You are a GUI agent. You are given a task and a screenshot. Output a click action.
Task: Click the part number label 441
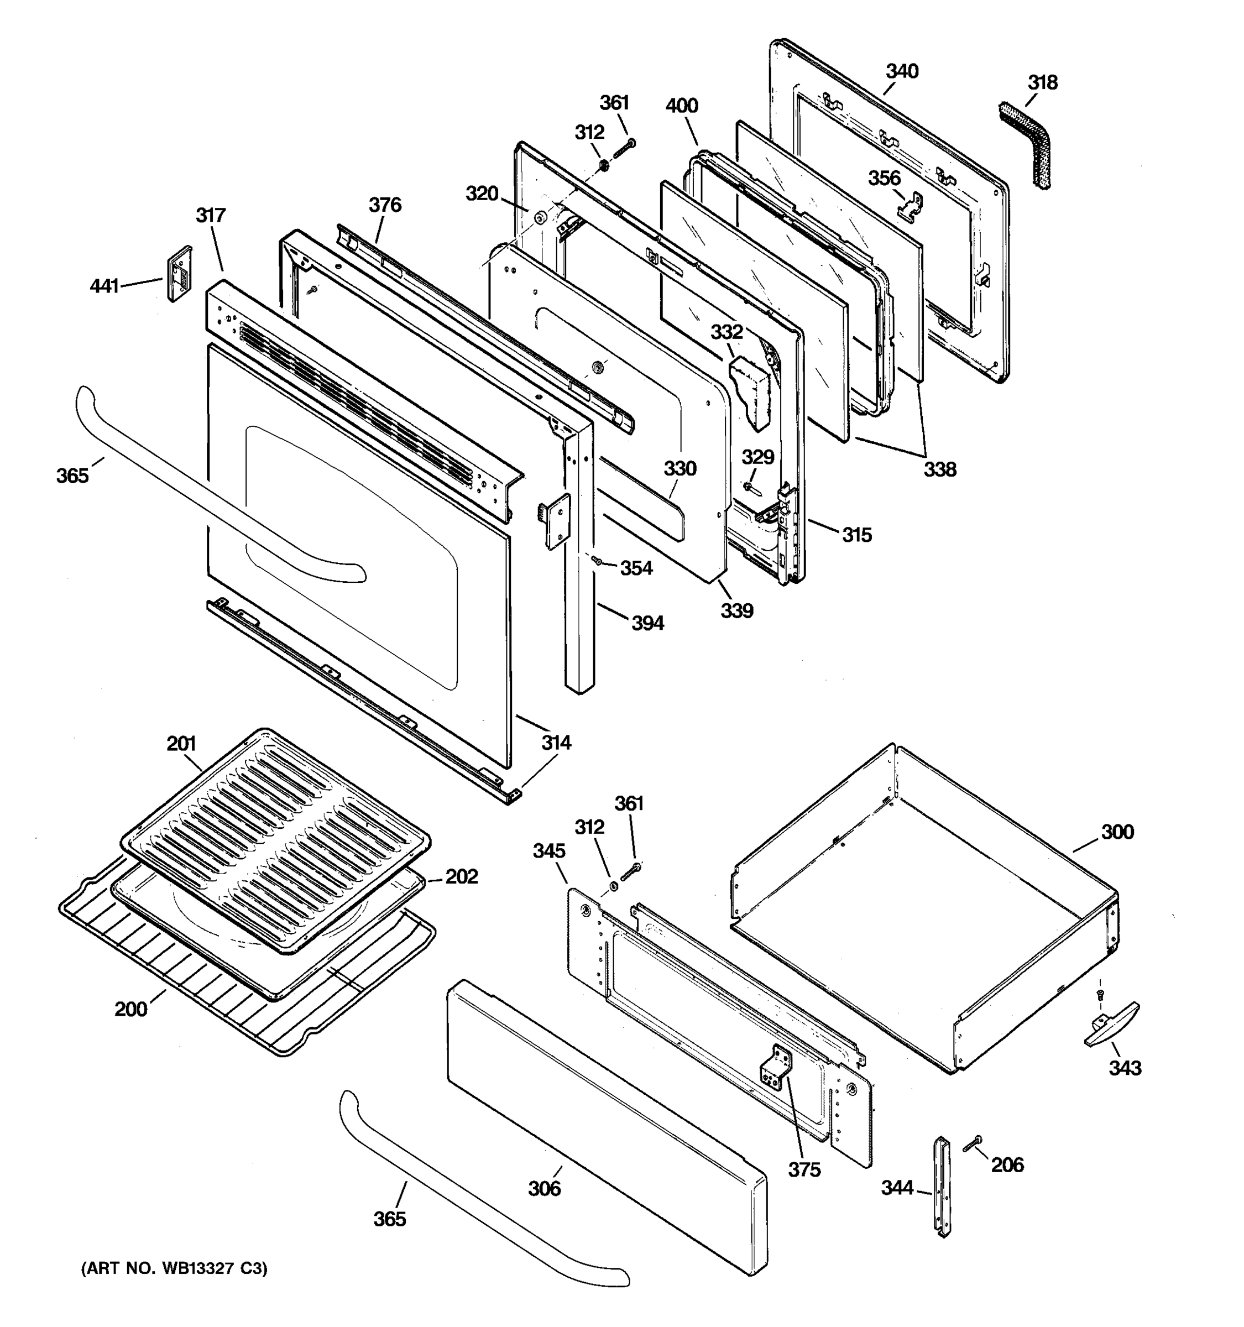(x=104, y=286)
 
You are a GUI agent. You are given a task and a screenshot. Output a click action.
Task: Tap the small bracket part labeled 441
(x=179, y=274)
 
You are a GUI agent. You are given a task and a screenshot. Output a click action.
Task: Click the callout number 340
(x=902, y=71)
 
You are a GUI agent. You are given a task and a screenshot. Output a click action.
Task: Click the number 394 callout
(x=647, y=624)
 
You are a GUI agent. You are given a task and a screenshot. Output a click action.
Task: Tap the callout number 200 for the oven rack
(x=131, y=1009)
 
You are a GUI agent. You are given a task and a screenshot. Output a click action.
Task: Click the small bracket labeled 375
(x=776, y=1069)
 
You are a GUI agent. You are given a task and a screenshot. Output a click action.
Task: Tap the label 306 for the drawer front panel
(x=545, y=1188)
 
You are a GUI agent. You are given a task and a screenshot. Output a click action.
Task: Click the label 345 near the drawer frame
(x=548, y=851)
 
